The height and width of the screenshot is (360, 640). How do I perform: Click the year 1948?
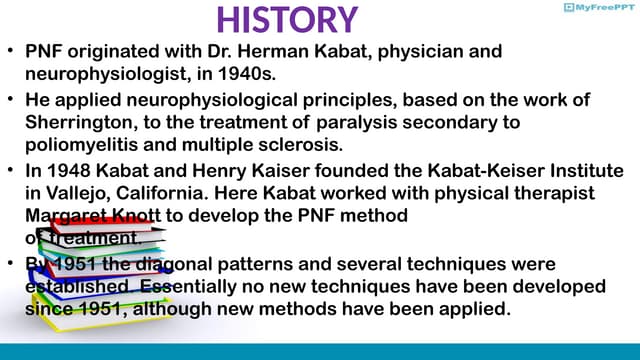click(67, 171)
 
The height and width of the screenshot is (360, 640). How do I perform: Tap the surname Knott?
click(134, 213)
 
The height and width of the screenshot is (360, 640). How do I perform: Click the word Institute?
click(580, 171)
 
